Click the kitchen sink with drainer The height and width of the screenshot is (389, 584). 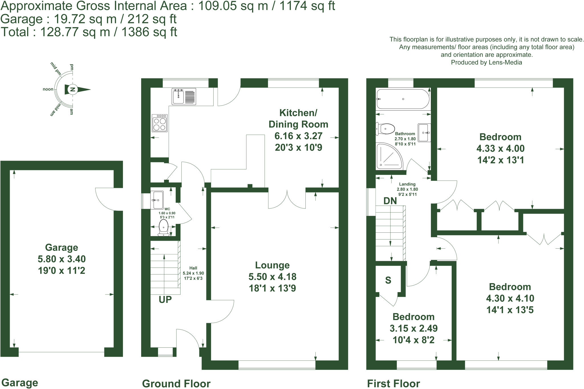click(184, 96)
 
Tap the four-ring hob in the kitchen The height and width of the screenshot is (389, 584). click(160, 123)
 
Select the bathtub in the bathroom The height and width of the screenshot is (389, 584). click(403, 99)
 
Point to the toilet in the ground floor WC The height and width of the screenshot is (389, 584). click(163, 227)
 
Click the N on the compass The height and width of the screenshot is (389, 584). click(73, 89)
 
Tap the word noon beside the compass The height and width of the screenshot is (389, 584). click(48, 89)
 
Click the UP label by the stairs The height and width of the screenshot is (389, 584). click(165, 299)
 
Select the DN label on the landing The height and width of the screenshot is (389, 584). click(390, 201)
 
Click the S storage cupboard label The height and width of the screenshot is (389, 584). click(388, 280)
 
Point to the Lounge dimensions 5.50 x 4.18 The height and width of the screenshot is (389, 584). click(272, 277)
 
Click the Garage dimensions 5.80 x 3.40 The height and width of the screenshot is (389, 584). click(62, 259)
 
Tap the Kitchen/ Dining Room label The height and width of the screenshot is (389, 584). click(298, 118)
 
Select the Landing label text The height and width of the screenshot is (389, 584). click(407, 184)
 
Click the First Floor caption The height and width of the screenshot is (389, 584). click(393, 384)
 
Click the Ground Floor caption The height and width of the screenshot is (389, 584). click(176, 384)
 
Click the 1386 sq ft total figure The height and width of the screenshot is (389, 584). click(149, 32)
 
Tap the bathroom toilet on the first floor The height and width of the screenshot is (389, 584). click(386, 129)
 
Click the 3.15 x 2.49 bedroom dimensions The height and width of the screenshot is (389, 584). click(413, 328)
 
